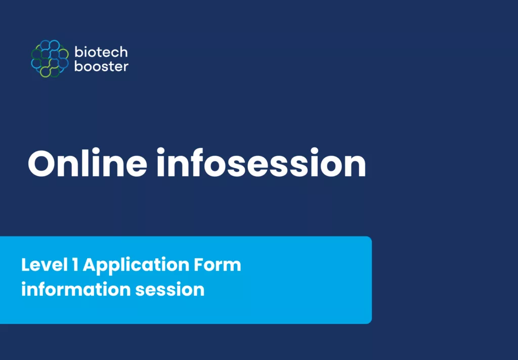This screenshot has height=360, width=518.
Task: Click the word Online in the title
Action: coord(87,163)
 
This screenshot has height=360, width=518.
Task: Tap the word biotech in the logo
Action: coord(101,52)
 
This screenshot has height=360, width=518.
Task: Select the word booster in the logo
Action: coord(101,66)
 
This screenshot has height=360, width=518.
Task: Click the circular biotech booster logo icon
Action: coord(50,59)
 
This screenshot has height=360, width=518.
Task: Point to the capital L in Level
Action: coord(25,265)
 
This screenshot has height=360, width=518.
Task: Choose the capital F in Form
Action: coord(198,265)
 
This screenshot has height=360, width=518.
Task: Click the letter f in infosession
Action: coord(196,163)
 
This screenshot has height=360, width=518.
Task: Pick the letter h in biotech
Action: coord(123,52)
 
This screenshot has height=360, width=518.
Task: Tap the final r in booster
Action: coord(125,67)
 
